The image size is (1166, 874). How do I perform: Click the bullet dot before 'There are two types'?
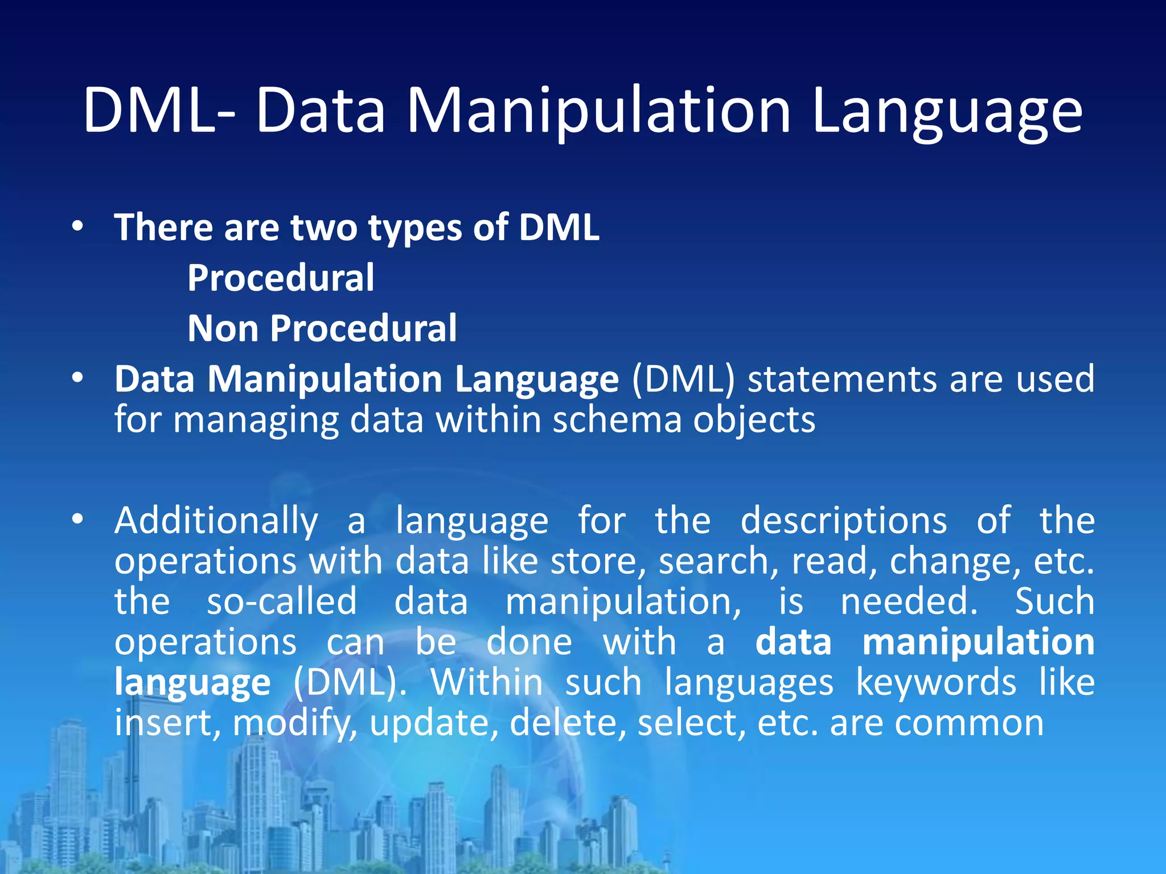click(78, 227)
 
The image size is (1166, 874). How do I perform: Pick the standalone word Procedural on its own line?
click(281, 278)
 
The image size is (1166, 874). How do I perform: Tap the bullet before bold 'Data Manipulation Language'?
click(78, 378)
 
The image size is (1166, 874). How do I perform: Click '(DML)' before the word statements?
click(683, 379)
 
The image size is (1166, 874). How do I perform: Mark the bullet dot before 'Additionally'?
click(78, 519)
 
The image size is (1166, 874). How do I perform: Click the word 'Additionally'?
click(216, 521)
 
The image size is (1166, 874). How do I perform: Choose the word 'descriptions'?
click(843, 521)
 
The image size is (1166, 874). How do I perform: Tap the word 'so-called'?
click(281, 601)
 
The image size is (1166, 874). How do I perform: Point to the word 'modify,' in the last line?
click(295, 724)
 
